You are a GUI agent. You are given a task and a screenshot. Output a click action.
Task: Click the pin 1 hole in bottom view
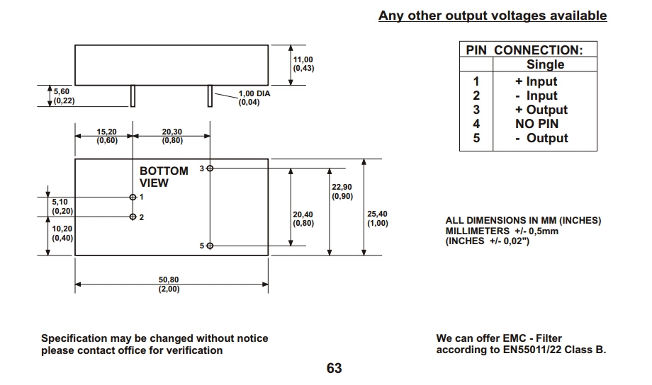(x=133, y=197)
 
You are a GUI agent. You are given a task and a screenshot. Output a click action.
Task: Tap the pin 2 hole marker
(x=133, y=217)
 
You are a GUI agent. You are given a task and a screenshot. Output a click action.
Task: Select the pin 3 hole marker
(x=209, y=168)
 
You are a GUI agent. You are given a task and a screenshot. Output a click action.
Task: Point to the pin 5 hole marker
(x=209, y=246)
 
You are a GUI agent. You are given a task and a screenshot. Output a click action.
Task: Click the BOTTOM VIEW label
(x=164, y=177)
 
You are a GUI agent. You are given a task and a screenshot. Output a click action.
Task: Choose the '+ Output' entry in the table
(x=541, y=110)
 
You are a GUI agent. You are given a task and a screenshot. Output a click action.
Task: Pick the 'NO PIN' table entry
(x=536, y=124)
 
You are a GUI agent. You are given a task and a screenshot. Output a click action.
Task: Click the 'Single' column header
(x=545, y=64)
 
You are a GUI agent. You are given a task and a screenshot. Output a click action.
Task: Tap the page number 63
(x=334, y=369)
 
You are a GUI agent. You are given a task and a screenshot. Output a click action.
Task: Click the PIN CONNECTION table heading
(x=524, y=50)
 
